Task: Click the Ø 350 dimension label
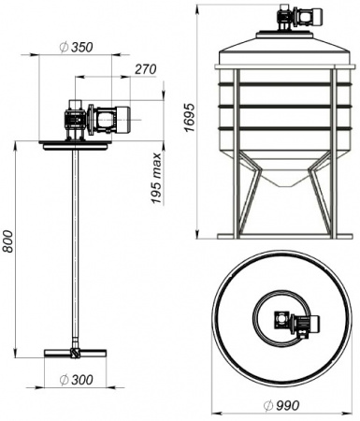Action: [x=77, y=47]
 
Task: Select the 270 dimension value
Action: [x=146, y=69]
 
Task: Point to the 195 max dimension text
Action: [x=157, y=178]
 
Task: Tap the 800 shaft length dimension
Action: [x=7, y=241]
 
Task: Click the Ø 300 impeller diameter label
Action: [x=77, y=380]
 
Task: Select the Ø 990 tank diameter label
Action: [x=281, y=405]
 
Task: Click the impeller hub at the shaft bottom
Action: [x=75, y=353]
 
